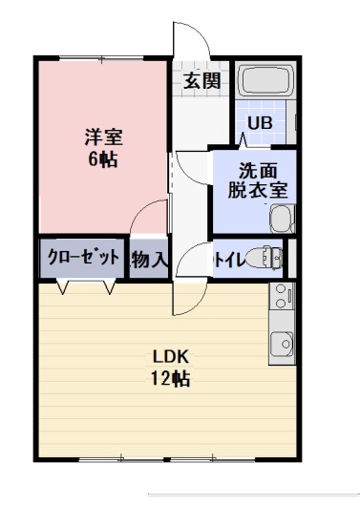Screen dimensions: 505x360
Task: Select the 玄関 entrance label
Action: click(201, 80)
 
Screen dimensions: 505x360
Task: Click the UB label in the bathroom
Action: click(259, 123)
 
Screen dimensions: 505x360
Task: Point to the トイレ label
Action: click(226, 258)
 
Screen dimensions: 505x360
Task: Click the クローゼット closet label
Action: click(82, 257)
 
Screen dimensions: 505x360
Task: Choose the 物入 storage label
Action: click(149, 259)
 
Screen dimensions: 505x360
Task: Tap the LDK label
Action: click(172, 357)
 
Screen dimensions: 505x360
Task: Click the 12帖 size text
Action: click(172, 379)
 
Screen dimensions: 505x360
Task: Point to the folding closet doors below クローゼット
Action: click(87, 285)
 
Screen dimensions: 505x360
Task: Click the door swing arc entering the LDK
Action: click(187, 298)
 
